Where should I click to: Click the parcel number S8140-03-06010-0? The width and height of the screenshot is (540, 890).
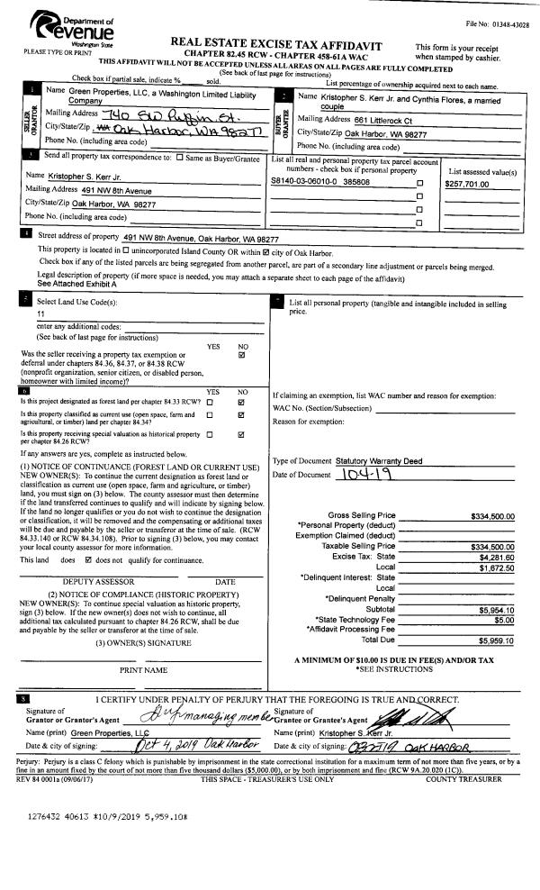(302, 182)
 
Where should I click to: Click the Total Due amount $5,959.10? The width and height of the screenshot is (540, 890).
(498, 640)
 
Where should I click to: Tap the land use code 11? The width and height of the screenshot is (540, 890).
(40, 314)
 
